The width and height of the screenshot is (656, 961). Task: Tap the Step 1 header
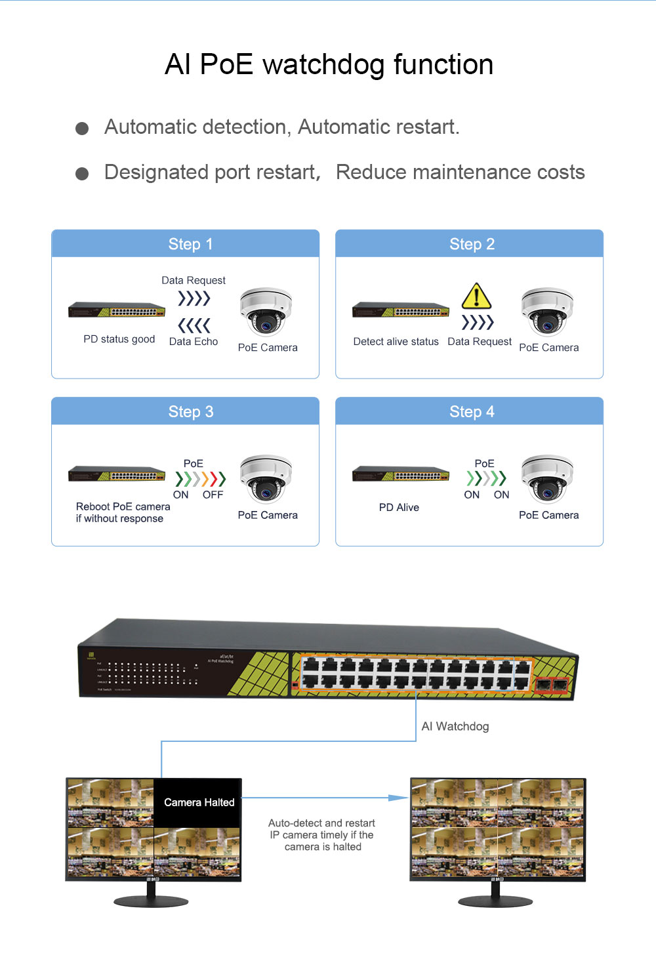(x=190, y=244)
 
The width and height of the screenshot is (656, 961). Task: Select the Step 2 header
(x=472, y=244)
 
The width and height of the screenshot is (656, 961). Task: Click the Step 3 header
(x=190, y=412)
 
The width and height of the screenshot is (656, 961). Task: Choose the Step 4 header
(x=472, y=412)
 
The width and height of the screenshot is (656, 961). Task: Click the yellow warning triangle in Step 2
(x=476, y=296)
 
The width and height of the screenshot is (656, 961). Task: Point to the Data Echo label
(x=194, y=342)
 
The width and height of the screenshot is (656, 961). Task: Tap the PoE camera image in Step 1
(x=266, y=312)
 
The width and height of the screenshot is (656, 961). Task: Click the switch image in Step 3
(x=117, y=474)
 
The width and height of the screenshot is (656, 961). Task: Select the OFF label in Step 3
(x=213, y=495)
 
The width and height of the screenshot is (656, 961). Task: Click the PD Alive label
(x=399, y=508)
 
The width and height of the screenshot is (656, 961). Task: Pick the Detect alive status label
(x=396, y=342)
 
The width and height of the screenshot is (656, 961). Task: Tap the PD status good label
(x=119, y=339)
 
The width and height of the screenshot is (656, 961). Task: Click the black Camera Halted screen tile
(x=198, y=802)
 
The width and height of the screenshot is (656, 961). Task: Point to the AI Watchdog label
(x=455, y=726)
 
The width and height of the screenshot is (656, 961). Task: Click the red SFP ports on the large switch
(x=552, y=686)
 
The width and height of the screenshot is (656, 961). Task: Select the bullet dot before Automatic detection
(x=82, y=129)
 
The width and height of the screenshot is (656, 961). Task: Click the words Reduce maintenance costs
(x=460, y=173)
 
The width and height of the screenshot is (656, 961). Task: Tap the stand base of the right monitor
(x=495, y=902)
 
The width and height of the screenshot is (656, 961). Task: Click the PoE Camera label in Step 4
(x=548, y=516)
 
